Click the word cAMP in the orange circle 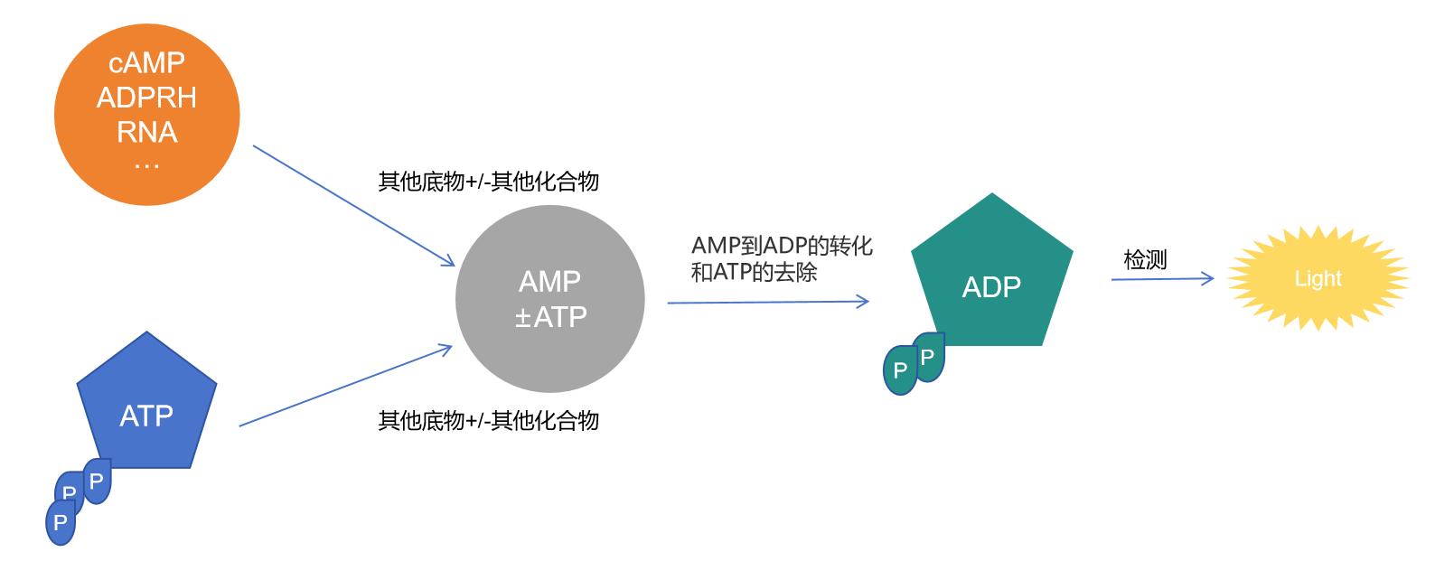point(146,63)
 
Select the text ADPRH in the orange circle point(146,98)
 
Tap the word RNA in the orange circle point(146,133)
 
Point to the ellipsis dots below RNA point(146,166)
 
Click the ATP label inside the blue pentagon point(146,416)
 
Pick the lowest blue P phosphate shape point(61,523)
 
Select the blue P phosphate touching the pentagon point(98,481)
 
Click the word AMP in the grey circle point(549,282)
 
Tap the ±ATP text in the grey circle point(550,317)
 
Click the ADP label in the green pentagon point(991,287)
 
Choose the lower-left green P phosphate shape point(900,370)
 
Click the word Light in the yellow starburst point(1318,279)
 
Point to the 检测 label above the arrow point(1145,260)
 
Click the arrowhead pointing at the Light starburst point(1208,278)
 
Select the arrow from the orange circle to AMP point(352,205)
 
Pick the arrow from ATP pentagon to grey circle point(343,387)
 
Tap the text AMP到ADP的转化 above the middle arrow point(782,246)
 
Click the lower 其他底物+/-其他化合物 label point(488,421)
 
